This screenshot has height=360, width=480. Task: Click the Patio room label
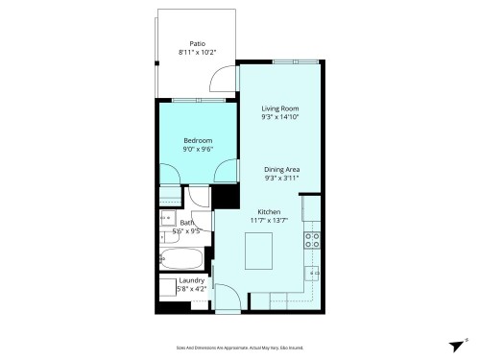pyautogui.click(x=198, y=43)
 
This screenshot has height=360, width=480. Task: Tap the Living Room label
pyautogui.click(x=280, y=108)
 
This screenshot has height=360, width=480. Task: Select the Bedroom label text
pyautogui.click(x=199, y=140)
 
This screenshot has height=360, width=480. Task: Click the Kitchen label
pyautogui.click(x=268, y=211)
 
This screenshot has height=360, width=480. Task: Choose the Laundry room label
pyautogui.click(x=191, y=280)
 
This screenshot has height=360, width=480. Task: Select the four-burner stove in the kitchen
pyautogui.click(x=312, y=240)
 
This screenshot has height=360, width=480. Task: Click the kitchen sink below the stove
pyautogui.click(x=313, y=275)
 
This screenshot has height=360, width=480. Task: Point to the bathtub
pyautogui.click(x=180, y=259)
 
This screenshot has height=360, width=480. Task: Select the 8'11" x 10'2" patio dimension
pyautogui.click(x=198, y=53)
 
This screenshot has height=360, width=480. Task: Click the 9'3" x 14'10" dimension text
pyautogui.click(x=280, y=118)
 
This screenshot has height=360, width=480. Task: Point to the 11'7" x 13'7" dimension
pyautogui.click(x=268, y=221)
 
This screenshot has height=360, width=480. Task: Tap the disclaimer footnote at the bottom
pyautogui.click(x=239, y=347)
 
